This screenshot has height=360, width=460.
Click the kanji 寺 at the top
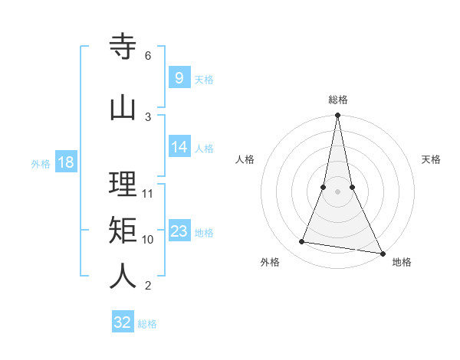(123, 47)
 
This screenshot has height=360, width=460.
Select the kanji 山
(123, 107)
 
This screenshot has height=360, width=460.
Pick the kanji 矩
(123, 229)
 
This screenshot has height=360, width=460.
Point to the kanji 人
(123, 276)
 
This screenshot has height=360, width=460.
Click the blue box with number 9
(179, 77)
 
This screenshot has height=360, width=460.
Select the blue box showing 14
(179, 147)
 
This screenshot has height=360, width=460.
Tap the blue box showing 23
(179, 231)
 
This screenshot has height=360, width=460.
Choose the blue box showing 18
(65, 162)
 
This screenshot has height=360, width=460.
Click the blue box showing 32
(123, 322)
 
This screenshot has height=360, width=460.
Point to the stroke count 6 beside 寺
(148, 56)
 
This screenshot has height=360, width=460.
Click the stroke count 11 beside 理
(148, 193)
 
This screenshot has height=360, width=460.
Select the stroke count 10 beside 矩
(148, 239)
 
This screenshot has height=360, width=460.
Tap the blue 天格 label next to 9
(204, 79)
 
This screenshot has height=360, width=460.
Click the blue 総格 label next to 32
(147, 324)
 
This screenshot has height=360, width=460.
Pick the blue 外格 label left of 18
(41, 163)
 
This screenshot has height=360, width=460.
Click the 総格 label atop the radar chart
(337, 100)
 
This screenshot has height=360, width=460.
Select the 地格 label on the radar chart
(402, 262)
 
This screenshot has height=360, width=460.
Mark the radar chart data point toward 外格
(302, 242)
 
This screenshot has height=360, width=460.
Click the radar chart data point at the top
(337, 116)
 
